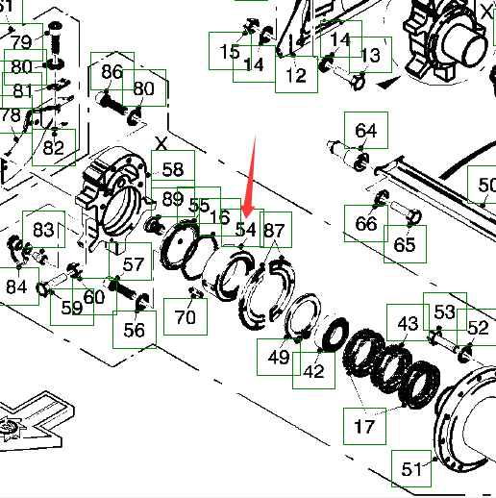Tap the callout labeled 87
[276, 230]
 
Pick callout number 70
[186, 316]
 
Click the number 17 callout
[364, 426]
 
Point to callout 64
[366, 130]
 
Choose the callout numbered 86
[112, 71]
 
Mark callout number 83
[43, 229]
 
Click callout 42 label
[313, 370]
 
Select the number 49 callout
[279, 357]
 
